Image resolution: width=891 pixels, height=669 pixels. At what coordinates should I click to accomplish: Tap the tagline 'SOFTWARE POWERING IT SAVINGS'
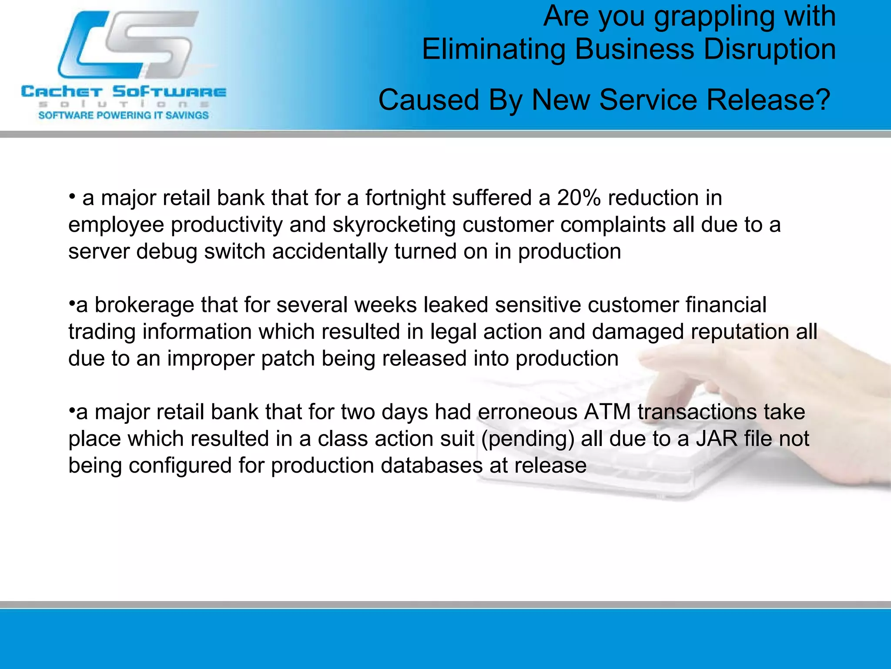[x=124, y=115]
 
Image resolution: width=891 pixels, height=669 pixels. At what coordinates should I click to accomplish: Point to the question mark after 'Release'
[x=822, y=100]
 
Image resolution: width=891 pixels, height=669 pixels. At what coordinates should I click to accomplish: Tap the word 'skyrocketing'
[x=394, y=225]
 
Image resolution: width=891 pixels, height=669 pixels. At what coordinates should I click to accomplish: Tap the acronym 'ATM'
[x=607, y=412]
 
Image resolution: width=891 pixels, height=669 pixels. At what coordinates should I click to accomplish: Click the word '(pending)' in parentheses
[x=527, y=439]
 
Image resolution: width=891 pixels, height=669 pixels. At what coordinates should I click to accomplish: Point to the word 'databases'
[x=432, y=466]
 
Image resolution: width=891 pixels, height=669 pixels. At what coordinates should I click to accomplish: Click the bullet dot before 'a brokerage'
[x=72, y=303]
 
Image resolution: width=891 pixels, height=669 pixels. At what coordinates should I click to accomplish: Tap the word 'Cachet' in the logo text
[x=61, y=92]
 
